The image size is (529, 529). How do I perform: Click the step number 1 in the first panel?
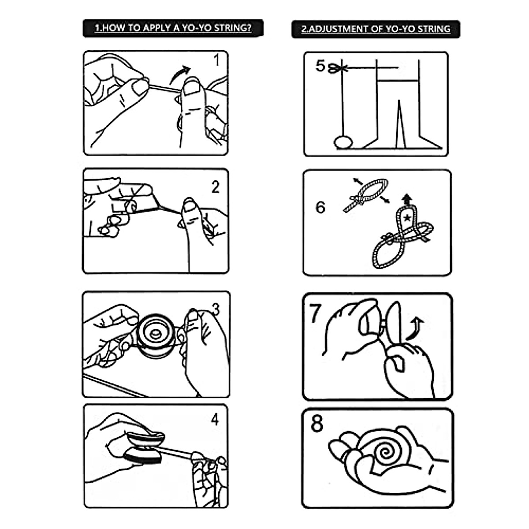point(217,60)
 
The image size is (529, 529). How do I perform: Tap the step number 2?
point(216,187)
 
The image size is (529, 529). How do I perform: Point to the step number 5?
point(320,66)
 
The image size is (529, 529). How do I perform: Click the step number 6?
point(320,207)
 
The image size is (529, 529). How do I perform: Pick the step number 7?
point(315,313)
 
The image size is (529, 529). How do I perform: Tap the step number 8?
point(317,423)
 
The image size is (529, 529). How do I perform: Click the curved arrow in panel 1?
point(179,74)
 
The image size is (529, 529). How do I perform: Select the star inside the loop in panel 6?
point(407,218)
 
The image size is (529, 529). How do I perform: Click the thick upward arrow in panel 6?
point(407,200)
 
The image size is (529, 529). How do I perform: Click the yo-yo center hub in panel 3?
point(155,334)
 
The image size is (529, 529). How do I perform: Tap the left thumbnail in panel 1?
point(140,87)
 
